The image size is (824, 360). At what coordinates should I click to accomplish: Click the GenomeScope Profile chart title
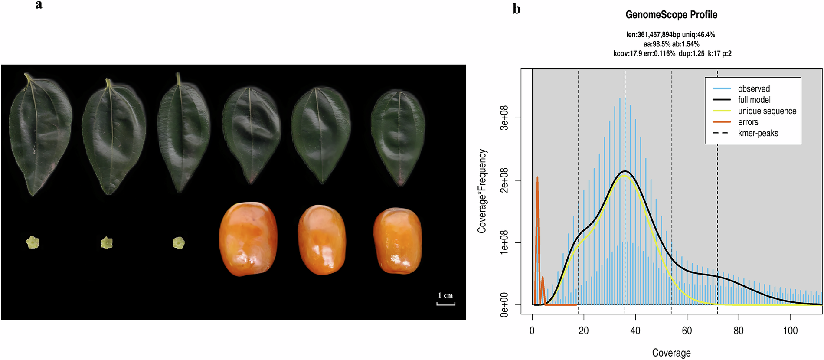(x=671, y=15)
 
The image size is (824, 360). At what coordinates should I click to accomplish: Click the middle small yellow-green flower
(x=107, y=243)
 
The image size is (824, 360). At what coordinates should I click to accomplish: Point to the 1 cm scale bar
(x=445, y=304)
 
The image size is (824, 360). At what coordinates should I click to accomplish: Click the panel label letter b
(x=517, y=9)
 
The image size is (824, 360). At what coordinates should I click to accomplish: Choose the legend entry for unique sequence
(x=767, y=111)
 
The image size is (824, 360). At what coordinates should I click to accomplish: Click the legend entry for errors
(x=748, y=122)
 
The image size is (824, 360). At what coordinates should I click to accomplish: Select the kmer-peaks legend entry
(x=758, y=134)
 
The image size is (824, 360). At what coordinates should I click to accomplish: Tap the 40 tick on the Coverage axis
(x=635, y=331)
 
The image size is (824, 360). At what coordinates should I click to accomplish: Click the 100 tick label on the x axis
(x=790, y=331)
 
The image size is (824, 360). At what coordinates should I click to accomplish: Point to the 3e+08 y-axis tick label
(x=504, y=118)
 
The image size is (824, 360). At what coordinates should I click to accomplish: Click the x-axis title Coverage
(x=671, y=353)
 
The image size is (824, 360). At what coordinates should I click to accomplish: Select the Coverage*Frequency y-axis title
(x=482, y=191)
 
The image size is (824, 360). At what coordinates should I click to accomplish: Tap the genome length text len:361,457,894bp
(x=653, y=35)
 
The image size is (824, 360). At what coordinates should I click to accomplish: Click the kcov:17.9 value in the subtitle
(x=627, y=54)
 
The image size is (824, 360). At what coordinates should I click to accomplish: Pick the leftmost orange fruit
(x=248, y=239)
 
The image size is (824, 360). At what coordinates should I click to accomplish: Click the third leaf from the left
(x=183, y=132)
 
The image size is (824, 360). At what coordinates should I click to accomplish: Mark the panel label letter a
(x=39, y=5)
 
